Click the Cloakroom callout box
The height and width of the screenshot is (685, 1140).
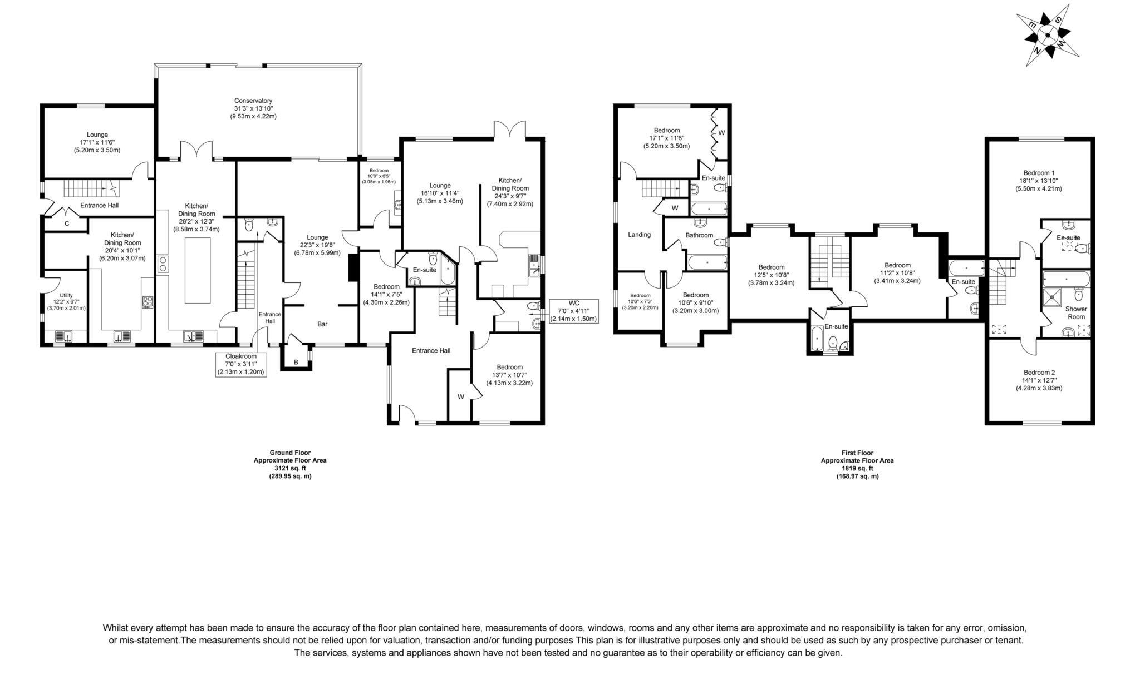[x=240, y=364]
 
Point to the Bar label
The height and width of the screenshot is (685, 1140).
[x=322, y=324]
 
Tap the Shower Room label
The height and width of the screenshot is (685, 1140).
[x=1076, y=312]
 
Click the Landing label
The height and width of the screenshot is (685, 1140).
[x=639, y=235]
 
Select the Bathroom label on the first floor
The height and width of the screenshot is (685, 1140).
[x=699, y=235]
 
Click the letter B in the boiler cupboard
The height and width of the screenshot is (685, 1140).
[x=296, y=363]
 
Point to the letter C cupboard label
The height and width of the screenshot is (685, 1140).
[x=67, y=224]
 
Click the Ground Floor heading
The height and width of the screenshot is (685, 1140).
[x=290, y=453]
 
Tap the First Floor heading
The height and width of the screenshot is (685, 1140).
[x=857, y=453]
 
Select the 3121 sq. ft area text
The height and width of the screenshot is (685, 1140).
[x=290, y=468]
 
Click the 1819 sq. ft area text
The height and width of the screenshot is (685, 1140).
[x=857, y=468]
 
